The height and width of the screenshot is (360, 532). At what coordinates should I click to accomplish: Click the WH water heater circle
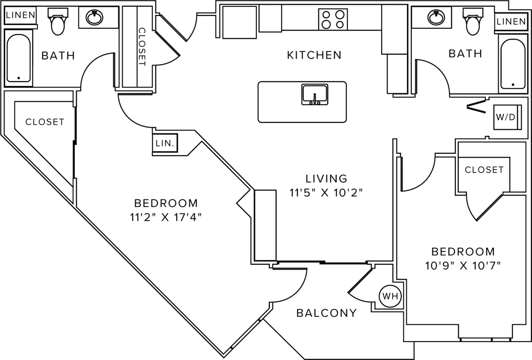tap(390, 296)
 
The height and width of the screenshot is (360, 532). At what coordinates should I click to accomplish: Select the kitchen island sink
tap(315, 94)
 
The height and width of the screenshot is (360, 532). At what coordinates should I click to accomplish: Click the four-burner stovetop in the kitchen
tap(333, 19)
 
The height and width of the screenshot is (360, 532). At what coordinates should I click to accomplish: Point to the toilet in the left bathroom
tap(58, 21)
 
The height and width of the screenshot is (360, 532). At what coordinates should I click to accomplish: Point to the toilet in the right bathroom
tap(473, 21)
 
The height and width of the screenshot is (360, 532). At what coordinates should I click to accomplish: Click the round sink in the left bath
tap(94, 18)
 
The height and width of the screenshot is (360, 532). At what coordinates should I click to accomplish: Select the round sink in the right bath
tap(436, 18)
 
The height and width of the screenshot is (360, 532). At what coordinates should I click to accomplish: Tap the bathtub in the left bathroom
tap(19, 58)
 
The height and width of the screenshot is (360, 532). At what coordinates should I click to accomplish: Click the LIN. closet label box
tap(165, 143)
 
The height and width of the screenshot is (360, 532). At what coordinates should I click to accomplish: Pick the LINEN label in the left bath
tap(21, 15)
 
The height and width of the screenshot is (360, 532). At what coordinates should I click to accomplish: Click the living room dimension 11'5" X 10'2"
tap(326, 193)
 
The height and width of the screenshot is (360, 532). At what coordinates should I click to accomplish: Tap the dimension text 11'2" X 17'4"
tap(166, 217)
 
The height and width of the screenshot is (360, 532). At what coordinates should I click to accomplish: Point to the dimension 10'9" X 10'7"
tap(463, 266)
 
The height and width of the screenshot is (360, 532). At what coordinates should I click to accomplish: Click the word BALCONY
tap(327, 313)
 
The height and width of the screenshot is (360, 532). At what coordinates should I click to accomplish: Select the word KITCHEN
tap(314, 55)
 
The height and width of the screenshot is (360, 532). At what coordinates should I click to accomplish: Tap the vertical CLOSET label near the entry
tap(142, 47)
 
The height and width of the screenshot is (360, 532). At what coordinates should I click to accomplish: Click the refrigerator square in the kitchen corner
tap(239, 22)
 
